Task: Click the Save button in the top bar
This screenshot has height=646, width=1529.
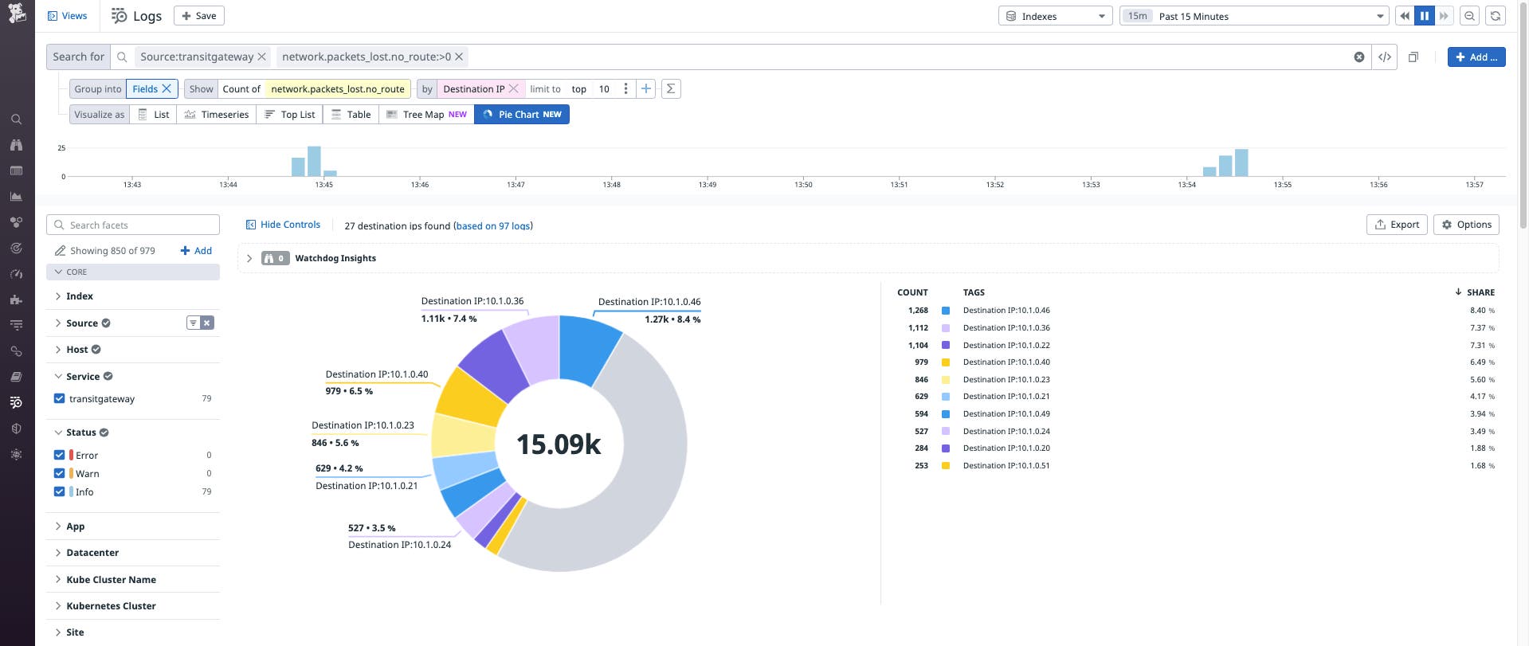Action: click(x=198, y=16)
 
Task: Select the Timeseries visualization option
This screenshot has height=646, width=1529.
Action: click(x=217, y=115)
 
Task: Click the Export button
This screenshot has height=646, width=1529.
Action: click(x=1397, y=225)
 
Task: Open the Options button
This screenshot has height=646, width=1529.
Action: click(x=1466, y=225)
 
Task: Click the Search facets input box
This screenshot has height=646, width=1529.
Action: click(x=133, y=225)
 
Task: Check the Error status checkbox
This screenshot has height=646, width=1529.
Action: click(x=59, y=455)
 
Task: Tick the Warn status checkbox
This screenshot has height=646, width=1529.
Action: click(x=59, y=473)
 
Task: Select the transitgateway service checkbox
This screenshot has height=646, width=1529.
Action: click(x=59, y=398)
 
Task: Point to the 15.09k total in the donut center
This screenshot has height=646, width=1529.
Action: click(x=559, y=444)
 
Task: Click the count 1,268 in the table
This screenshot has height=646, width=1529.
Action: click(x=918, y=311)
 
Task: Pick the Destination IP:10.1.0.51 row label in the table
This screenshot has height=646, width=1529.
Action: click(x=1006, y=466)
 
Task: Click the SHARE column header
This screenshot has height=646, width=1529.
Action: click(x=1480, y=292)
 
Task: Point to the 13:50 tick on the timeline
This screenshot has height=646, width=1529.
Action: click(x=803, y=184)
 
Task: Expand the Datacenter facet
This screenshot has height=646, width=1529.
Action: click(x=92, y=553)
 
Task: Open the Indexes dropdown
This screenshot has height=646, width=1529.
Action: click(x=1055, y=16)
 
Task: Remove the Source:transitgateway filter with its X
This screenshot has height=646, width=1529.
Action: click(x=261, y=57)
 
